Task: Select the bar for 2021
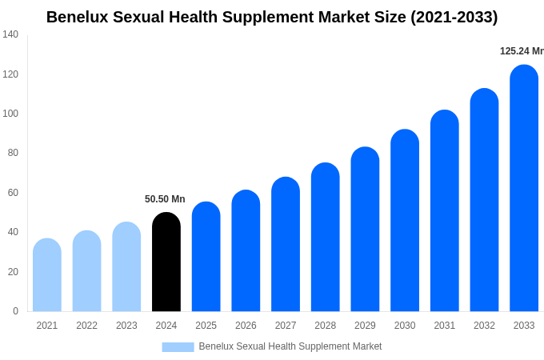pyautogui.click(x=47, y=275)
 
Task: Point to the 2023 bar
pyautogui.click(x=126, y=267)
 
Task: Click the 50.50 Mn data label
pyautogui.click(x=165, y=199)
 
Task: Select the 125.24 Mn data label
pyautogui.click(x=522, y=51)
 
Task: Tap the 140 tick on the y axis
pyautogui.click(x=10, y=34)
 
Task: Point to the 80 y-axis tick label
pyautogui.click(x=13, y=153)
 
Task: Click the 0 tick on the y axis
pyautogui.click(x=15, y=311)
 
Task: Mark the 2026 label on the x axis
pyautogui.click(x=246, y=326)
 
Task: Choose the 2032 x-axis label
pyautogui.click(x=484, y=326)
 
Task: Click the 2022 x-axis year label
pyautogui.click(x=86, y=326)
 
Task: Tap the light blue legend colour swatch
pyautogui.click(x=178, y=347)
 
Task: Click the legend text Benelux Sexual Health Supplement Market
pyautogui.click(x=290, y=346)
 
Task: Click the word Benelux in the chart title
pyautogui.click(x=78, y=17)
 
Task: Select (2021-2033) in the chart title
pyautogui.click(x=454, y=17)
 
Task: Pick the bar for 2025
pyautogui.click(x=206, y=257)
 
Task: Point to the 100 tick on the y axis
pyautogui.click(x=10, y=114)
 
